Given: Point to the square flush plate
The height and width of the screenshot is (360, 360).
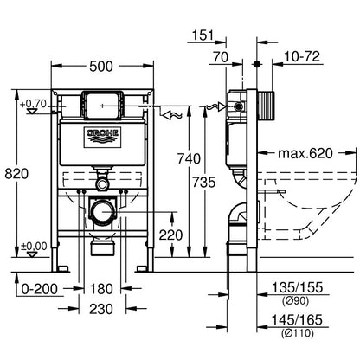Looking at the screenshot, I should tap(102, 105).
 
